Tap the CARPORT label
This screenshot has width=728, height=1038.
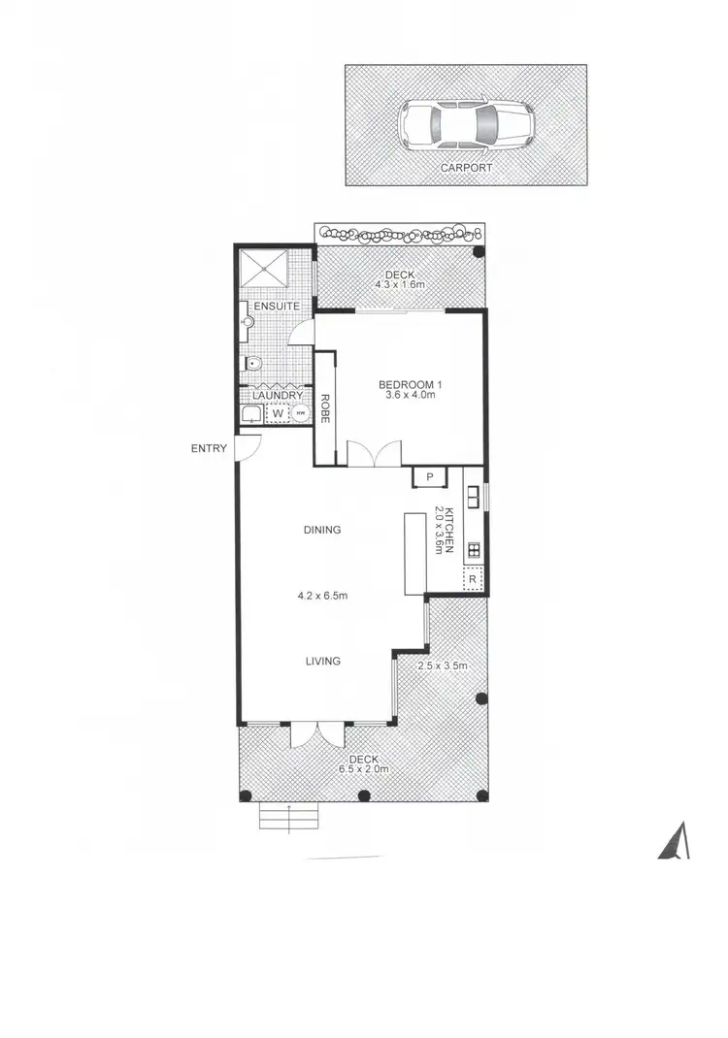(x=465, y=167)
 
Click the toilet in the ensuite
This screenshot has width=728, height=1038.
(x=252, y=365)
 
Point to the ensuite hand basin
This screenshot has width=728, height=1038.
(x=247, y=322)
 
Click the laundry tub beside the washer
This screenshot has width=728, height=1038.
(x=251, y=415)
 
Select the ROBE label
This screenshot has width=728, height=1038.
(x=325, y=408)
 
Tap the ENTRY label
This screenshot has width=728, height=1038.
(x=210, y=448)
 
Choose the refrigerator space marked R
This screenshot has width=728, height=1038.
(x=472, y=579)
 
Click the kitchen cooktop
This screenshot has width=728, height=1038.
(x=473, y=550)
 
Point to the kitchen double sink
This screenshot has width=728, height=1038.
(x=473, y=496)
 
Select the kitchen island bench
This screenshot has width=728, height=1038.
(x=414, y=553)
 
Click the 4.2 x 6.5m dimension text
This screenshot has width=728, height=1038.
(x=323, y=598)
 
